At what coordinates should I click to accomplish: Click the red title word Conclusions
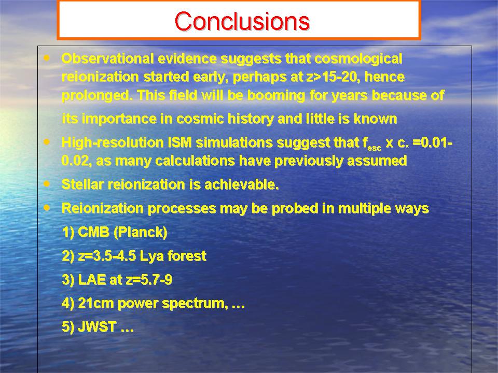point(242,21)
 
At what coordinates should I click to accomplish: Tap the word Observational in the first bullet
point(108,59)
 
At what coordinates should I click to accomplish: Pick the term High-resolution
point(113,143)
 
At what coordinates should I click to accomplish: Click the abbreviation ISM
point(180,143)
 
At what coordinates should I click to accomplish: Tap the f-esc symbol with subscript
point(372,144)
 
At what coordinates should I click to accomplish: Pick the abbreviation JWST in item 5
point(97,327)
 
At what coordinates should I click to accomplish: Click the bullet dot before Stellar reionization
point(47,183)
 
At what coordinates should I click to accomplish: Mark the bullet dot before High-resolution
point(47,142)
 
